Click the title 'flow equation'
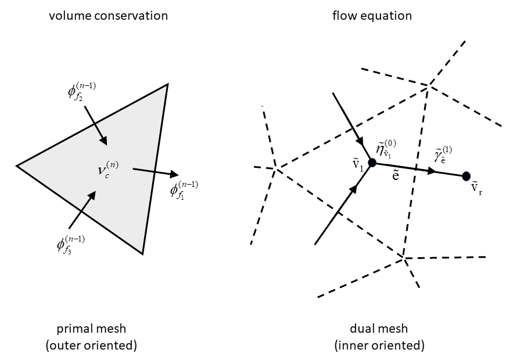coord(372,16)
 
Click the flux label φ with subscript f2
coord(81,93)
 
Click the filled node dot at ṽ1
coord(372,164)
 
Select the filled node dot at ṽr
coord(466,176)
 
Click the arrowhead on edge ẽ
coord(432,171)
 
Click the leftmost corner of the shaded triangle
coord(17,166)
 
